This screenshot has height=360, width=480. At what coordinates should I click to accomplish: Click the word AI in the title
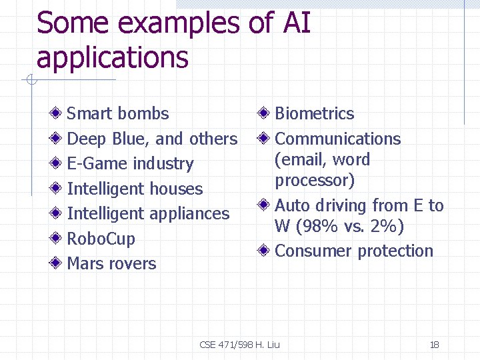click(x=297, y=23)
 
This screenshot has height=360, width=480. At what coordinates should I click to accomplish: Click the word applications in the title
click(x=113, y=57)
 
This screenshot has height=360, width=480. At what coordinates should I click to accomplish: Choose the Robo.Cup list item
click(x=101, y=239)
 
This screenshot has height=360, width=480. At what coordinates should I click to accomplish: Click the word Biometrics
click(x=315, y=113)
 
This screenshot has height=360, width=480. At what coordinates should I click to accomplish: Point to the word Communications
click(x=338, y=139)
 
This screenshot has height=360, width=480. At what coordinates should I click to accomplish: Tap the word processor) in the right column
click(x=315, y=181)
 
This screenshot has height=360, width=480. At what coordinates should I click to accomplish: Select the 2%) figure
click(x=387, y=227)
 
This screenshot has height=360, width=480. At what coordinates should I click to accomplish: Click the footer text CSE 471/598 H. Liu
click(x=240, y=345)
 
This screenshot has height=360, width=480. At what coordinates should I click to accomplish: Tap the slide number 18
click(x=435, y=345)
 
